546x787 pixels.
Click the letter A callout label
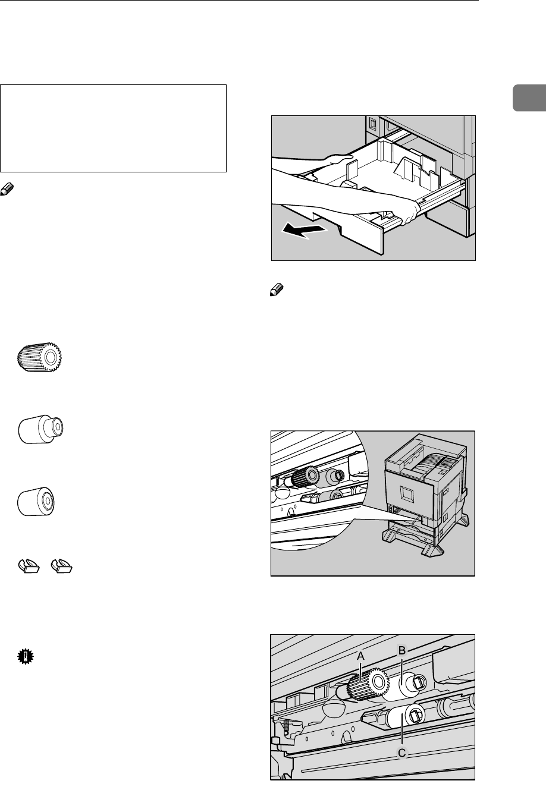pyautogui.click(x=360, y=656)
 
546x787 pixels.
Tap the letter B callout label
pyautogui.click(x=401, y=651)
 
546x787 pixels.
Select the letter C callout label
pyautogui.click(x=402, y=753)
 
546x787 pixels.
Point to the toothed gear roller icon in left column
pyautogui.click(x=41, y=356)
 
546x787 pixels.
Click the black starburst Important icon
pyautogui.click(x=26, y=658)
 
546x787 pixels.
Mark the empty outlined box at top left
pyautogui.click(x=114, y=128)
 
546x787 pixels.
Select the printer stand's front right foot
pyautogui.click(x=432, y=550)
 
